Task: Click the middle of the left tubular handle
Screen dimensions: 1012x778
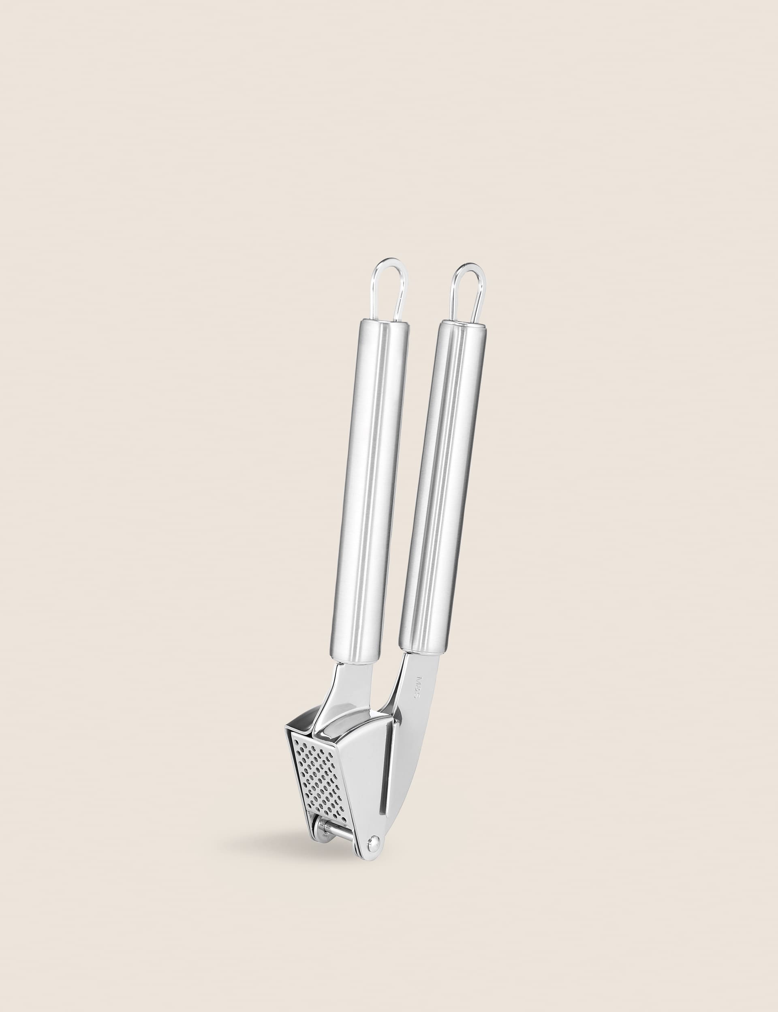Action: click(x=369, y=487)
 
